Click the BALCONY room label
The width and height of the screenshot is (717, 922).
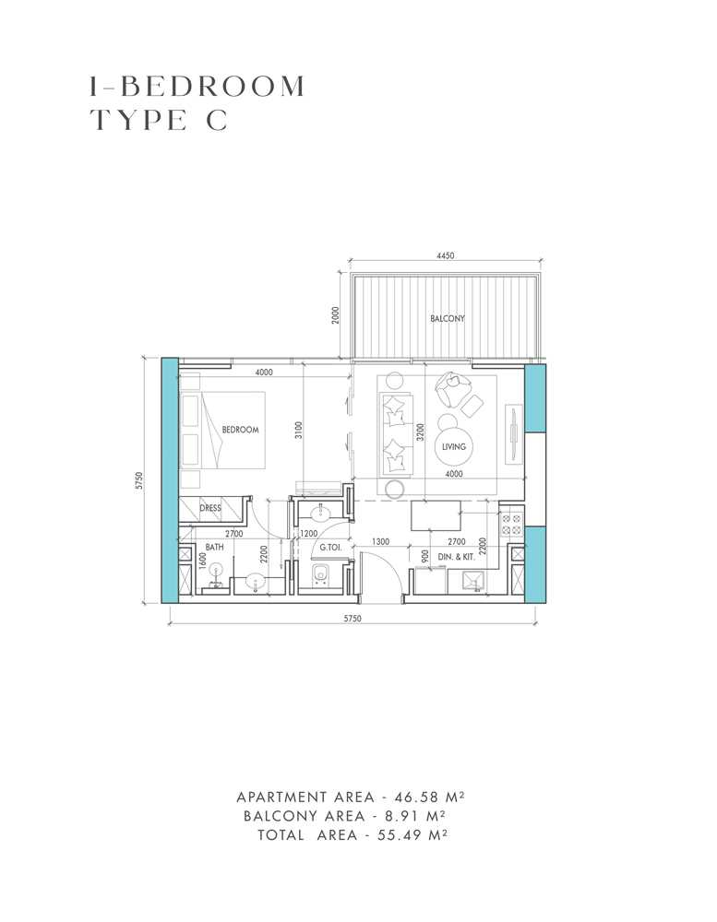pos(448,318)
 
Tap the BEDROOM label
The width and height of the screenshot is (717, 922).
pos(240,430)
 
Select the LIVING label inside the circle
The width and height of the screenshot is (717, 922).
pos(454,447)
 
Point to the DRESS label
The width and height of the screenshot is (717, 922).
pos(210,508)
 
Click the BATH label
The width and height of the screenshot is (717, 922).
pos(214,547)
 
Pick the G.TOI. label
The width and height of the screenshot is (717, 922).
pos(331,548)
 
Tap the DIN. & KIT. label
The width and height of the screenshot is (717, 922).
pos(456,556)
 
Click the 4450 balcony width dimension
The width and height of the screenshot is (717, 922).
pos(446,255)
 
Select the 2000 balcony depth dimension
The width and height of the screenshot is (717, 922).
pos(336,315)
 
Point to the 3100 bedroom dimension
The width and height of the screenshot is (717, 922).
pos(298,431)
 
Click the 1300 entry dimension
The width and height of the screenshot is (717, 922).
pos(380,541)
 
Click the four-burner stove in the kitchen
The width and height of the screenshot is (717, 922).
pos(511,524)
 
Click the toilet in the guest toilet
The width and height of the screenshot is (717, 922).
pos(321,575)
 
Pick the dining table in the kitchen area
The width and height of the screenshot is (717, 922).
pos(436,515)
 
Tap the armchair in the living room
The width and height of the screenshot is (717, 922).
pos(452,389)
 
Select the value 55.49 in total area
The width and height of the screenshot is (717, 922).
pos(400,835)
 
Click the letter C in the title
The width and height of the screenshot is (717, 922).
pos(217,121)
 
